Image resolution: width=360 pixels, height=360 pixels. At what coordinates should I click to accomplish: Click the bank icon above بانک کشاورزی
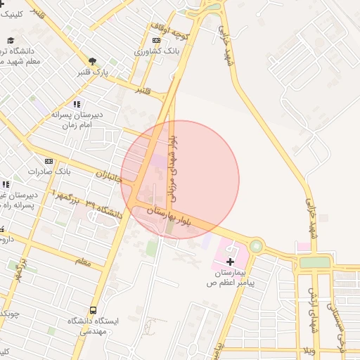[156, 40]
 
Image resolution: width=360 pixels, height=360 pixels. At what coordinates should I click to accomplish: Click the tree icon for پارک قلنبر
[92, 61]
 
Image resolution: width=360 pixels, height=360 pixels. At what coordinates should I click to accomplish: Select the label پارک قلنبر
[94, 72]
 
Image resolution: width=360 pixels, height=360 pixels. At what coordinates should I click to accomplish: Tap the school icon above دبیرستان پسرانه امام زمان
[76, 104]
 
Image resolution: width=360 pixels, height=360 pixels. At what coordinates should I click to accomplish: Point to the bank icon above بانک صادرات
[49, 161]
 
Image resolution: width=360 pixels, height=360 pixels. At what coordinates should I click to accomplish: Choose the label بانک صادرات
[50, 171]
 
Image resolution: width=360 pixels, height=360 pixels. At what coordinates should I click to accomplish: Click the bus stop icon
[94, 310]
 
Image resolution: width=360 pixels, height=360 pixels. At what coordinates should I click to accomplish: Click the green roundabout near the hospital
[256, 247]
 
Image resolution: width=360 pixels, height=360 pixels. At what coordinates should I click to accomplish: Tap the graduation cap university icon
[11, 40]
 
